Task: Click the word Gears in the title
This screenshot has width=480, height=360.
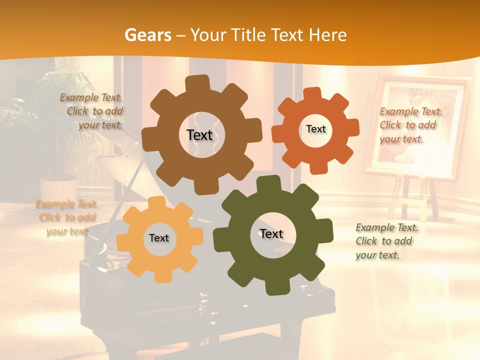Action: click(x=148, y=35)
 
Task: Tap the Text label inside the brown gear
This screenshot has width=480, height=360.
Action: click(x=199, y=135)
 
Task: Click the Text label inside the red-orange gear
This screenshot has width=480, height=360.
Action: click(x=315, y=129)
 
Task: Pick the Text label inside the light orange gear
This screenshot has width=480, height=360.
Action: click(x=159, y=238)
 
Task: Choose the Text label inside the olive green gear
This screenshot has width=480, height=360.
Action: click(x=271, y=234)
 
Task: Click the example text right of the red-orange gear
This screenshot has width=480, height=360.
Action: click(x=410, y=125)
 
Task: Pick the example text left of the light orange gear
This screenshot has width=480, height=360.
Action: click(x=67, y=217)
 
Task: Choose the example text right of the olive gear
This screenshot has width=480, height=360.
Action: click(x=386, y=241)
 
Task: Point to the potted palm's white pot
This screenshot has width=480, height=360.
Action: click(x=57, y=187)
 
